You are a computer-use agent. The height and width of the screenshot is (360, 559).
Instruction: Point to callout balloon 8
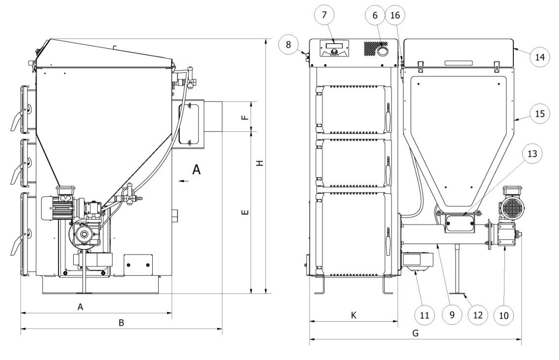[289, 45]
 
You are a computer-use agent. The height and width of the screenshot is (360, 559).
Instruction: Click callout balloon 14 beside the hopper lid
[539, 57]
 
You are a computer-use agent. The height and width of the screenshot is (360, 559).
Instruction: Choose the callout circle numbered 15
[539, 114]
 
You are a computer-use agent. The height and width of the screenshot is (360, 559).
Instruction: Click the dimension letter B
[121, 323]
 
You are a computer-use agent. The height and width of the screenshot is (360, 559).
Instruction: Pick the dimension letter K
[353, 316]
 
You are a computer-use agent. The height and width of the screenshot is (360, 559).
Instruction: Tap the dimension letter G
[415, 333]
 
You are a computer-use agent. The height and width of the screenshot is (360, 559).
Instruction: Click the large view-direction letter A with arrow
[196, 170]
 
